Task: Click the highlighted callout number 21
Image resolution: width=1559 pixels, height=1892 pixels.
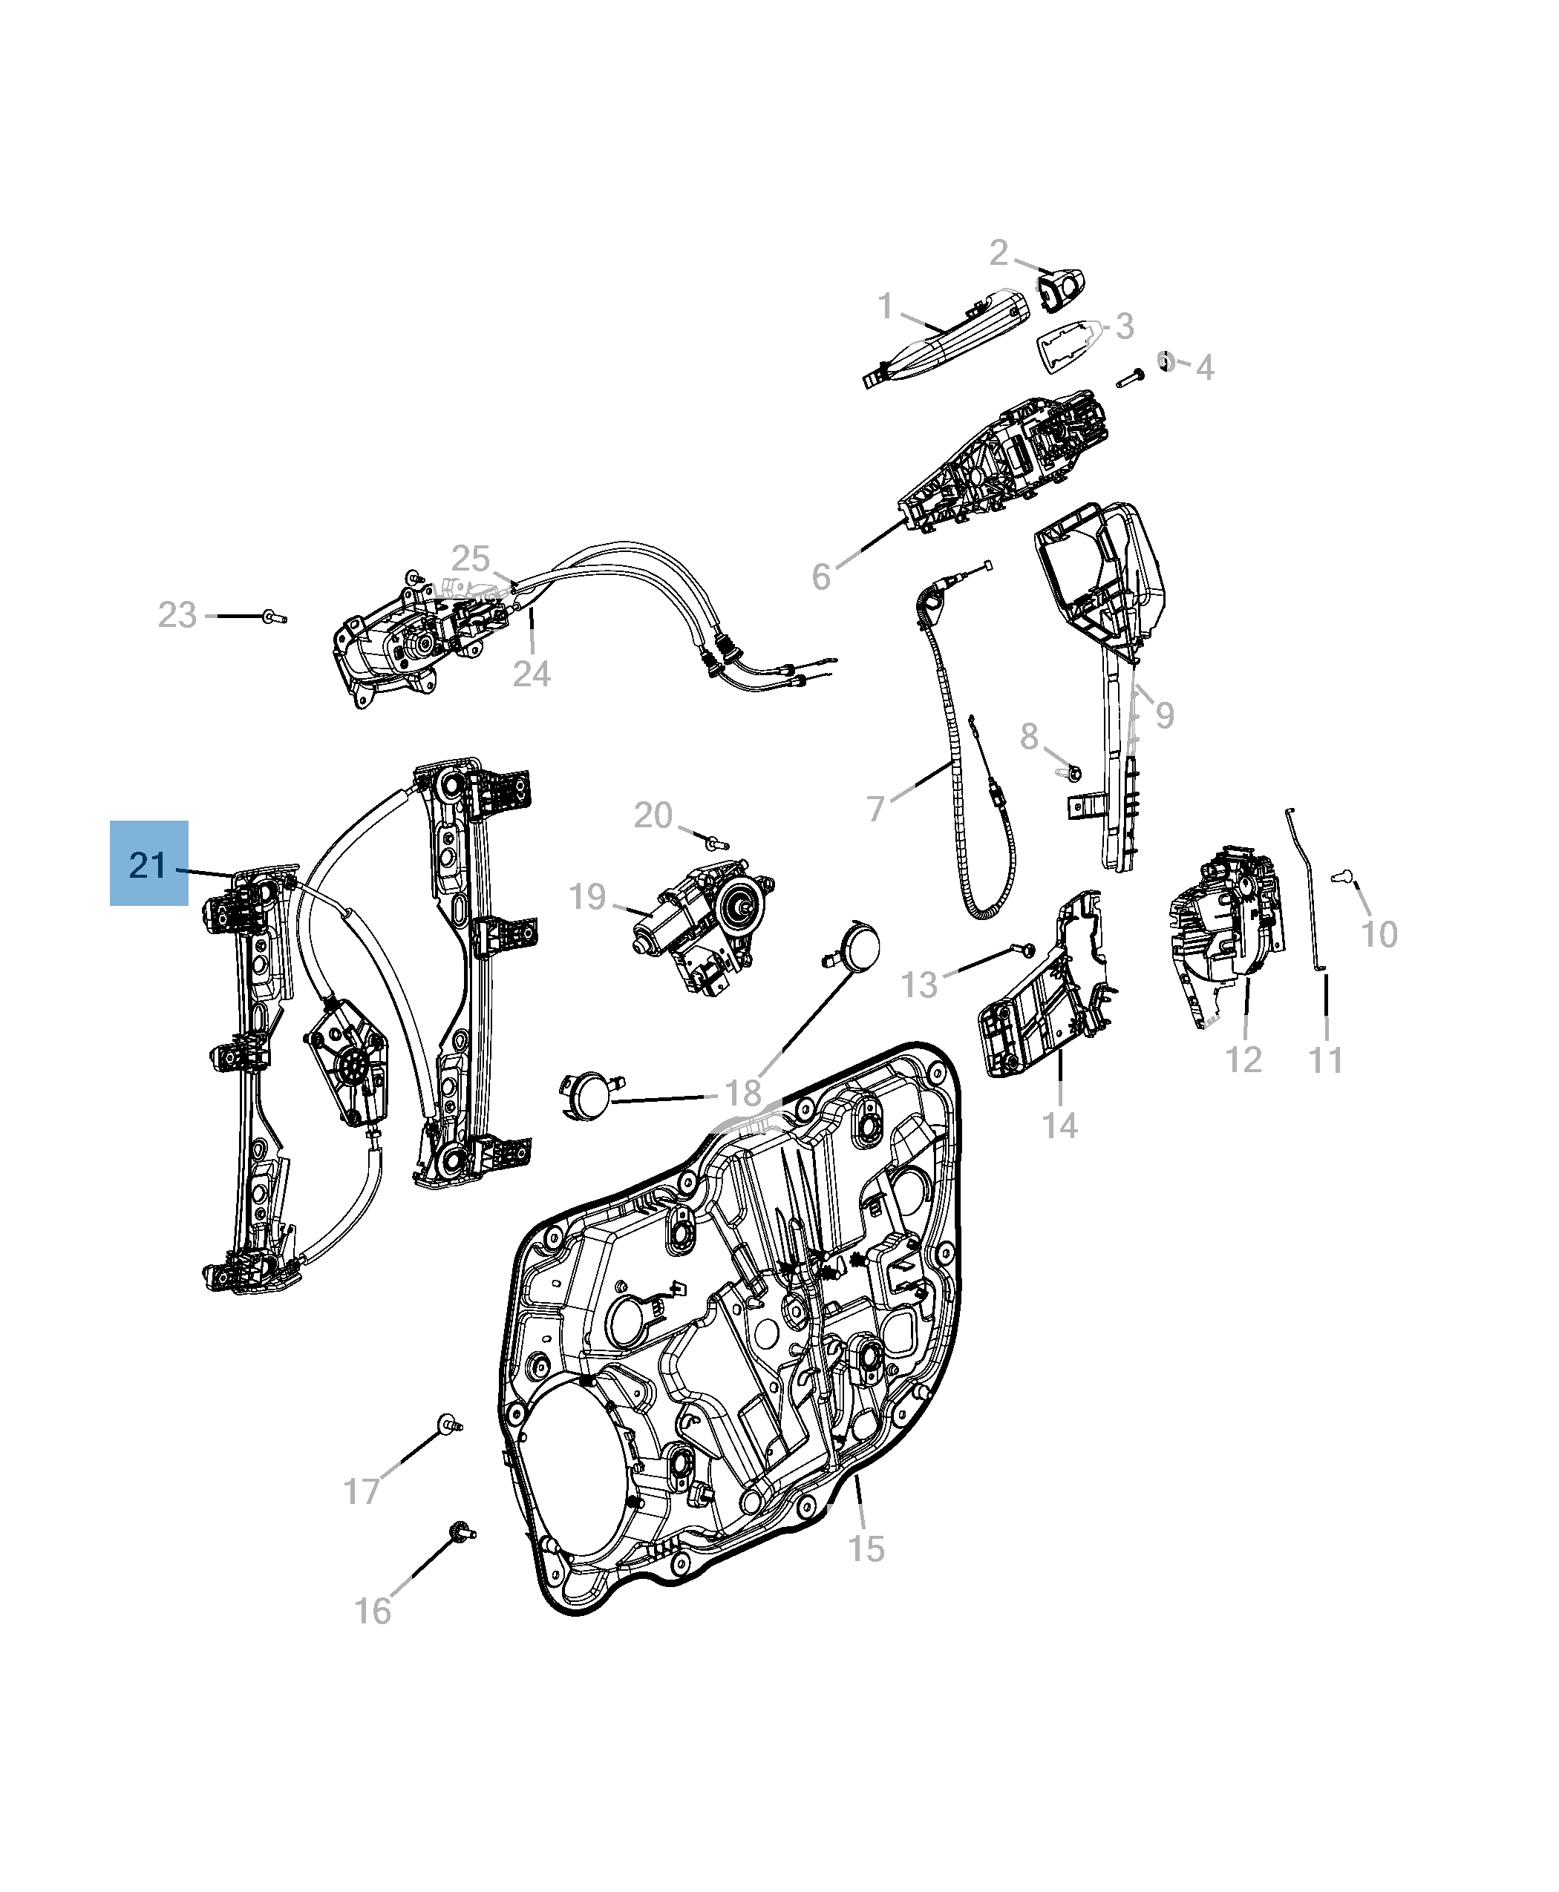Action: (148, 864)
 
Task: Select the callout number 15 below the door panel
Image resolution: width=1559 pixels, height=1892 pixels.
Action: (866, 1549)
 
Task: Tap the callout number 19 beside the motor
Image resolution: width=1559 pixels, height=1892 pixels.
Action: (588, 896)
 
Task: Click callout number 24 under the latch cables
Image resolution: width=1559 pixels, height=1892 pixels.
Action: (532, 673)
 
